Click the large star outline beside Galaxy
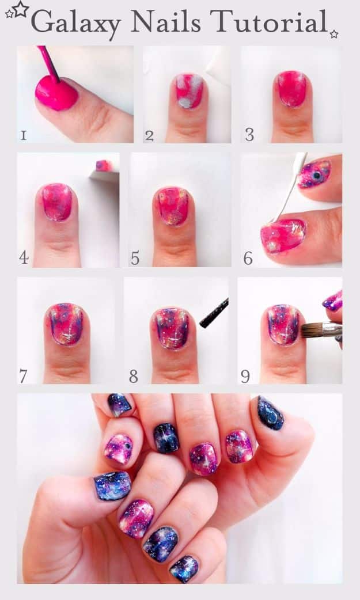(20, 9)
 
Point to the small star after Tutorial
(334, 34)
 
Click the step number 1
(23, 135)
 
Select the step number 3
(249, 135)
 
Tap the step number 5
(135, 259)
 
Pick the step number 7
(23, 377)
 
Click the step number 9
(245, 377)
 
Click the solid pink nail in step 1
(56, 93)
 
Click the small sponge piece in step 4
(104, 166)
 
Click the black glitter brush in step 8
(214, 313)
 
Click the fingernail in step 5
(173, 206)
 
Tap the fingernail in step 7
(65, 324)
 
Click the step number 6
(248, 259)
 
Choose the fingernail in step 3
(293, 89)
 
